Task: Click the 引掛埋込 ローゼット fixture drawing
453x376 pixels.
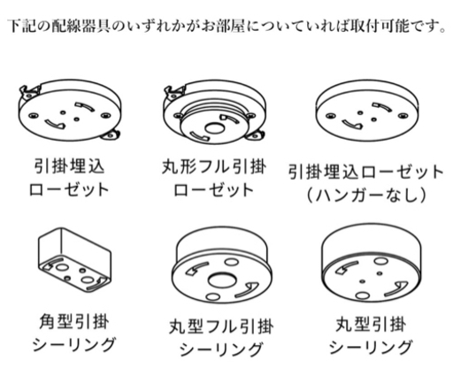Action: point(70,111)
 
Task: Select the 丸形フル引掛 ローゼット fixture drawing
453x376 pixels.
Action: point(215,112)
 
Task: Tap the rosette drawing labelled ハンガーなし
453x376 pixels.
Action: point(367,111)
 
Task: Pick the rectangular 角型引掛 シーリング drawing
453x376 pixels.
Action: point(74,259)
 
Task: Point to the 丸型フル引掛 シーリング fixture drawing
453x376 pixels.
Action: point(222,265)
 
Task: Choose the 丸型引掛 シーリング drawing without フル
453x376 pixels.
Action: point(372,263)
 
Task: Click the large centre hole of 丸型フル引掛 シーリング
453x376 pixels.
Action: point(221,280)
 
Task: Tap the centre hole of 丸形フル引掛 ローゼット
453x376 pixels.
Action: point(214,128)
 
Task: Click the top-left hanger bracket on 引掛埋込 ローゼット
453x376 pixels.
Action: point(29,91)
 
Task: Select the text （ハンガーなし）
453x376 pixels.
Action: point(366,195)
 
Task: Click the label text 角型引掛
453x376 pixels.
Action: point(74,321)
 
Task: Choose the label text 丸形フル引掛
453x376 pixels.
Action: point(214,167)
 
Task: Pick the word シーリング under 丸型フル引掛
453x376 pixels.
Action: point(221,349)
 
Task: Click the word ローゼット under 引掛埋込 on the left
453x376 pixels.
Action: point(69,189)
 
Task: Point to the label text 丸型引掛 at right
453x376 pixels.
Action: point(371,324)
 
